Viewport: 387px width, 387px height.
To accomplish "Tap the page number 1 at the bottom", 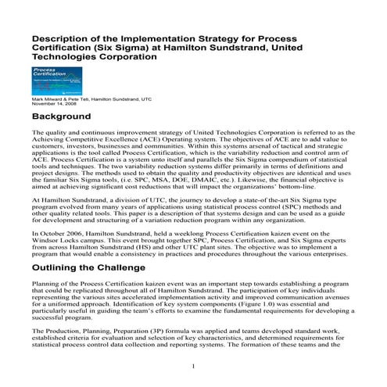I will pyautogui.click(x=193, y=367).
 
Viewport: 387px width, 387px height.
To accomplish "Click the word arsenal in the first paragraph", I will pyautogui.click(x=242, y=152).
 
